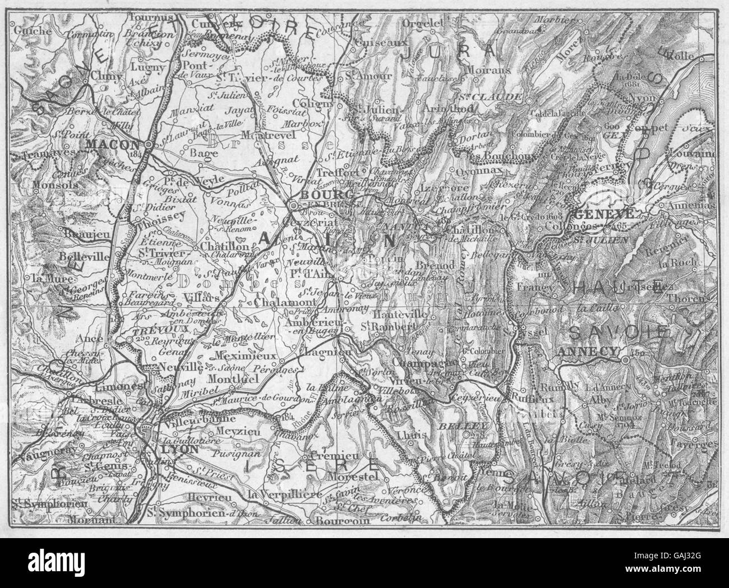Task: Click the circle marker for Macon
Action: pyautogui.click(x=147, y=145)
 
